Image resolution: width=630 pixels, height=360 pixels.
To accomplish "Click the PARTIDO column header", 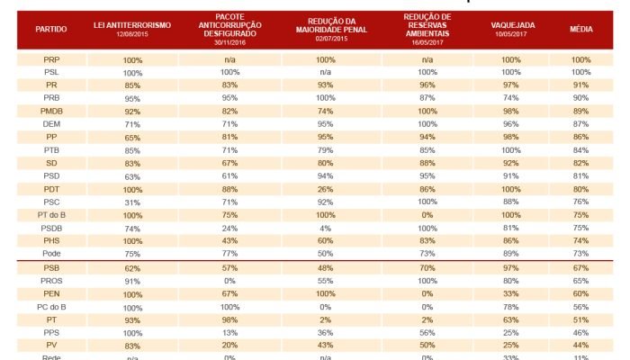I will click(51, 30).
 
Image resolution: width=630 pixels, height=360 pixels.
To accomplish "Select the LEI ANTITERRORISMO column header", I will click(132, 25).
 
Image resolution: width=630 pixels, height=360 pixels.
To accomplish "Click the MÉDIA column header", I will click(581, 30).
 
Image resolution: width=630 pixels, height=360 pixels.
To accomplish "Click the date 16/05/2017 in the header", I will click(427, 42).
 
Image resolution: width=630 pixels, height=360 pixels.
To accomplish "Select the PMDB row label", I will click(51, 110).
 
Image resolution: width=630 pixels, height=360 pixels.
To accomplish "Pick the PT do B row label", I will click(51, 216).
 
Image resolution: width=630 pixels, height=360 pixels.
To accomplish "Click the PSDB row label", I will click(51, 229).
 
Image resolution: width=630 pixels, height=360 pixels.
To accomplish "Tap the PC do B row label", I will click(51, 307).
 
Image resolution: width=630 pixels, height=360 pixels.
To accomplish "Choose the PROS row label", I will click(51, 281).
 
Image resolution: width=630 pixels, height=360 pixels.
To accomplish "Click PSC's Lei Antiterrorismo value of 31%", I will click(133, 202).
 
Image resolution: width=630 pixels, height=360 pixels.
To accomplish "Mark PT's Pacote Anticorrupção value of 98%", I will click(230, 320).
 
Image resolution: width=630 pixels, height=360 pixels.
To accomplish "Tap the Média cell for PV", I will click(581, 346).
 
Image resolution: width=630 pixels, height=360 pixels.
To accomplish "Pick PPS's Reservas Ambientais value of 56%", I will click(427, 333).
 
